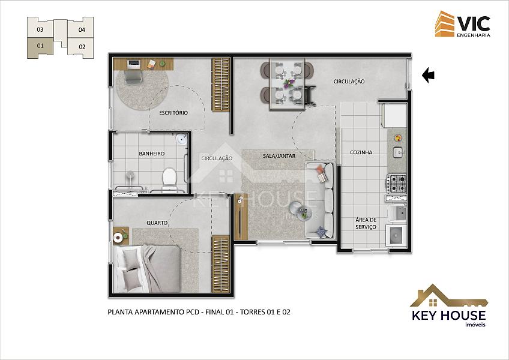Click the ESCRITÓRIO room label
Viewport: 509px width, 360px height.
pyautogui.click(x=173, y=113)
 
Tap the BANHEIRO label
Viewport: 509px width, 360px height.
pyautogui.click(x=152, y=153)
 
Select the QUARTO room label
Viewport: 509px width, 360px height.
pyautogui.click(x=157, y=223)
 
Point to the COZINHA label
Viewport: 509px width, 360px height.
pyautogui.click(x=361, y=152)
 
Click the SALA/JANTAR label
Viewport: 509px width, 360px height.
pyautogui.click(x=279, y=156)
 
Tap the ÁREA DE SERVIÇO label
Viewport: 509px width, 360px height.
pyautogui.click(x=366, y=223)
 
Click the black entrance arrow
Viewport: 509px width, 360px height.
pyautogui.click(x=428, y=75)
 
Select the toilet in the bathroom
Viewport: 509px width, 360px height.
pyautogui.click(x=169, y=179)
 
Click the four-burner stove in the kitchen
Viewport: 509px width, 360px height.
pyautogui.click(x=396, y=184)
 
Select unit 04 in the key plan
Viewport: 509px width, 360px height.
pyautogui.click(x=82, y=29)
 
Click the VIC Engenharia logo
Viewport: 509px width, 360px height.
pyautogui.click(x=463, y=24)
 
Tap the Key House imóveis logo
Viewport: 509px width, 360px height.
pyautogui.click(x=449, y=305)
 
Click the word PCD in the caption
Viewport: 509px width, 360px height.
pyautogui.click(x=193, y=312)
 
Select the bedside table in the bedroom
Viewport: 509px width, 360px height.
pyautogui.click(x=121, y=236)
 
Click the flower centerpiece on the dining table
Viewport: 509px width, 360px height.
pyautogui.click(x=288, y=83)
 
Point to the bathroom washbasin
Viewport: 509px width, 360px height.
pyautogui.click(x=182, y=139)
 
